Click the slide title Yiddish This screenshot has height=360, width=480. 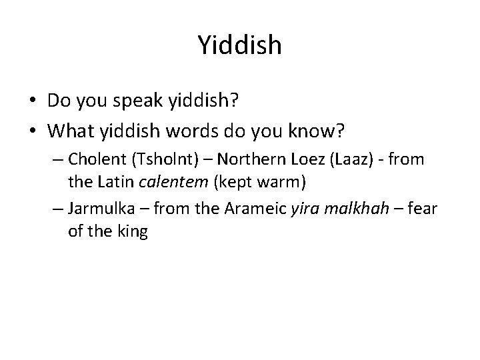(240, 45)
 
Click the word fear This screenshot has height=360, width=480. (423, 209)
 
